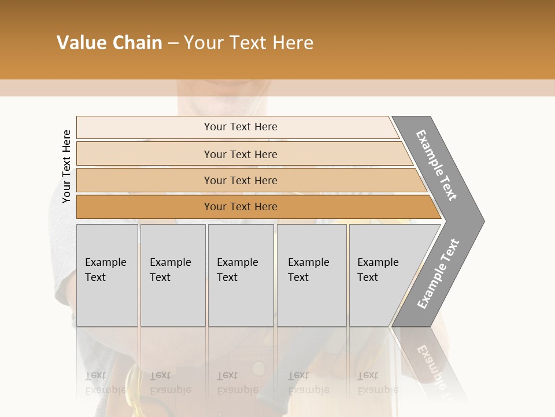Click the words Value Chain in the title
coord(109,43)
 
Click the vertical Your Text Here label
coord(66,166)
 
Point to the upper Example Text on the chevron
coord(436,165)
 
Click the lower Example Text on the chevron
coord(438,274)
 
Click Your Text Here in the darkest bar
coord(240,207)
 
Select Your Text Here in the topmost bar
coord(240,127)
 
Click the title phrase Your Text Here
coord(249,43)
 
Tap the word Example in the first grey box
coord(105,262)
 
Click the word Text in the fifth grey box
coord(367,277)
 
